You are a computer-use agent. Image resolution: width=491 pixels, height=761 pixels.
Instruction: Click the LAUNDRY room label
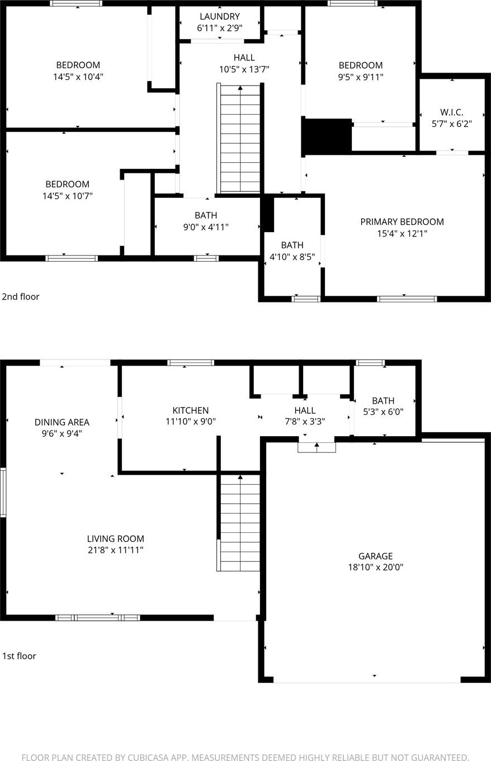coord(220,16)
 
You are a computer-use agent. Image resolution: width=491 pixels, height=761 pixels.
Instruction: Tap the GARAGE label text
coord(375,556)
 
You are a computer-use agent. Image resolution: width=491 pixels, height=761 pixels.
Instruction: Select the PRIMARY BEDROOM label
coord(402,222)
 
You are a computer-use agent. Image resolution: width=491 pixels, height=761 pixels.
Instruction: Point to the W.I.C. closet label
coord(452,112)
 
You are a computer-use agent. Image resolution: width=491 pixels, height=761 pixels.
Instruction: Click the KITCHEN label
coord(191,410)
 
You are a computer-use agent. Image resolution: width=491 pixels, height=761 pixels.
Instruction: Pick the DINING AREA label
coord(62,422)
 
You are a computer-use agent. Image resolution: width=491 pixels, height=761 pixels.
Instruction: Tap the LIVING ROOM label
coord(116,539)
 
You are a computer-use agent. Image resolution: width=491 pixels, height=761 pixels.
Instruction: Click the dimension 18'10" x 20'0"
coord(375,567)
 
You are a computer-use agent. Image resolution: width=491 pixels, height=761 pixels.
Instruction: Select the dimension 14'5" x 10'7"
coord(67,196)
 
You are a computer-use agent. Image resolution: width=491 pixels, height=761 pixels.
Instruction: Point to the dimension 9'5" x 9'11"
coord(361,77)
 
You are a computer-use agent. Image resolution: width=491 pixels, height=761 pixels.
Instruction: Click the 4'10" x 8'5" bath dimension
coord(292,257)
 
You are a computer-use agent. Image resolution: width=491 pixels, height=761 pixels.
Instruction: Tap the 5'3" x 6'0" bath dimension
coord(383,412)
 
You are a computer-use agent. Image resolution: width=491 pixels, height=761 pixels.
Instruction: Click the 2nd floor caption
coord(21,296)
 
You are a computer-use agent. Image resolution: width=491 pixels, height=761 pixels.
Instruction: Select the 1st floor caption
coord(19,656)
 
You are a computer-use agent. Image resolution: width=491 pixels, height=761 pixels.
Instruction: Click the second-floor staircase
coord(240,139)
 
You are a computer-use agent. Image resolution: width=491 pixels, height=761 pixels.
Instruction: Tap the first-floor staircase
coord(239,523)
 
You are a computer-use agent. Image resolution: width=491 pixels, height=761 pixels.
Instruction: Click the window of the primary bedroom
coord(407,299)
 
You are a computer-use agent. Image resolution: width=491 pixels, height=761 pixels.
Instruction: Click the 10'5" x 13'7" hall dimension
coord(244,70)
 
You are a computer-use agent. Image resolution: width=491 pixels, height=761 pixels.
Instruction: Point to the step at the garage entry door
coord(317,447)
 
